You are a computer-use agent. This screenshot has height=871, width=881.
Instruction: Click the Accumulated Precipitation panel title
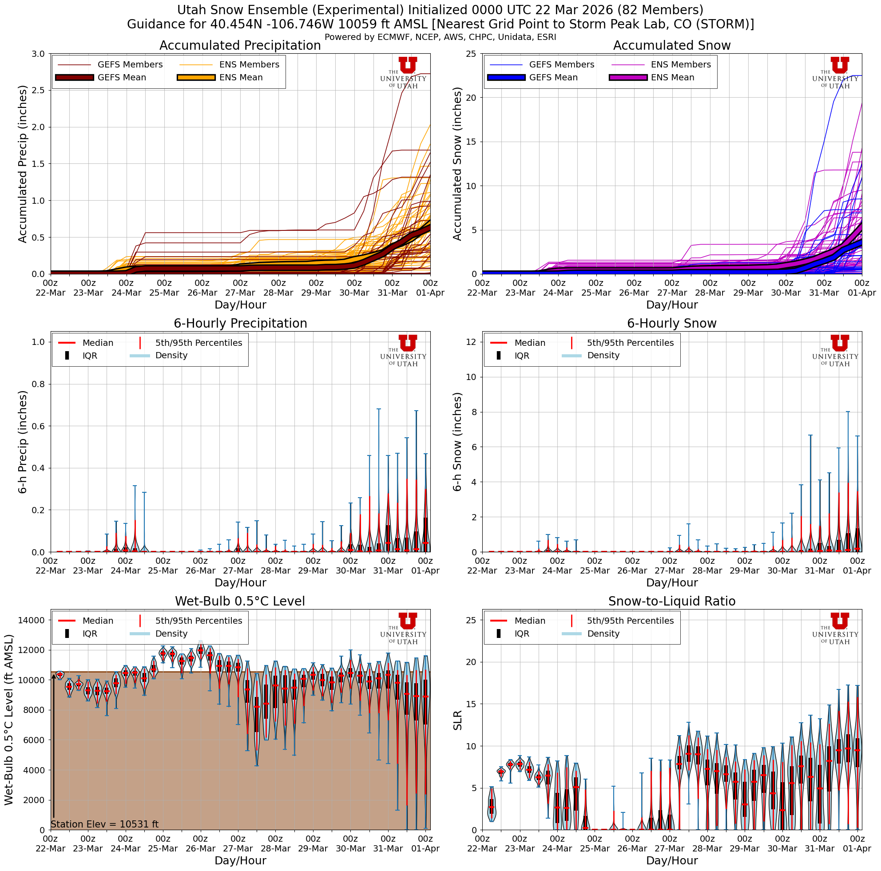[x=240, y=46]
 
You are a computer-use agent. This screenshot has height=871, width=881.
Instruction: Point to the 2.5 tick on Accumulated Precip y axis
[x=39, y=90]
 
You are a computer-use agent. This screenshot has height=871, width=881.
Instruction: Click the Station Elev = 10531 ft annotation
[x=104, y=824]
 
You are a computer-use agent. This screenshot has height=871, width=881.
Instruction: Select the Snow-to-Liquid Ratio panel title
[x=672, y=601]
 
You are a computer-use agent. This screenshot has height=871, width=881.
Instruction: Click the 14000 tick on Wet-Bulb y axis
[x=31, y=620]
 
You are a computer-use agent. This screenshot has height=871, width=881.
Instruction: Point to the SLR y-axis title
[x=457, y=720]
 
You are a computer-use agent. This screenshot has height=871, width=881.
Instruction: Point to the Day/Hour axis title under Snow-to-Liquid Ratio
[x=672, y=860]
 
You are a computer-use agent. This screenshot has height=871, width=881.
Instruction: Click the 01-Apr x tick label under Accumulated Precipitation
[x=430, y=293]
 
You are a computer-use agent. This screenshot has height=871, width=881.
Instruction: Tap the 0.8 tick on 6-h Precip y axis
[x=39, y=384]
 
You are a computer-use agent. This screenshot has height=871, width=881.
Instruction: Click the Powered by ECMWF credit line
[x=440, y=37]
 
